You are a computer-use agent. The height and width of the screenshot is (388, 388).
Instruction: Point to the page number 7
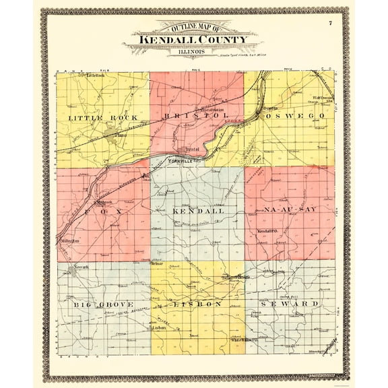[331, 24]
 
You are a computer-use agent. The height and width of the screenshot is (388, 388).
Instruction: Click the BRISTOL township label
[195, 116]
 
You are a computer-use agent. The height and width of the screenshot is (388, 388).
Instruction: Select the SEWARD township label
[294, 304]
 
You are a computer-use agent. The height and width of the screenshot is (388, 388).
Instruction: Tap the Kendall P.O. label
[267, 231]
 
